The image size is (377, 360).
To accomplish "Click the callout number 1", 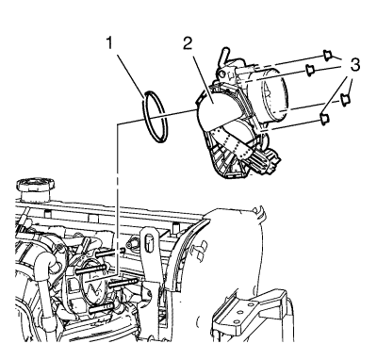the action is [109, 43].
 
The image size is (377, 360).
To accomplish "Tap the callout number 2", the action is [188, 43].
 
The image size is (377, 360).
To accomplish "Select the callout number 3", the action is [354, 65].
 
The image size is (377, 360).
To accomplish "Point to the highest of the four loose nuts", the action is [327, 56].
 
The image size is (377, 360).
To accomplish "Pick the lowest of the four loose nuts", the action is [324, 119].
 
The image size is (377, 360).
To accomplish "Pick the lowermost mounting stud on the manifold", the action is [101, 308].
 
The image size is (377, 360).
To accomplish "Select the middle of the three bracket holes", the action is [240, 313].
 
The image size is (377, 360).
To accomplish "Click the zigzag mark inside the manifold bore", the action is [95, 288].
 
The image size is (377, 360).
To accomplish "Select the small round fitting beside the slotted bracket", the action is [130, 244].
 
